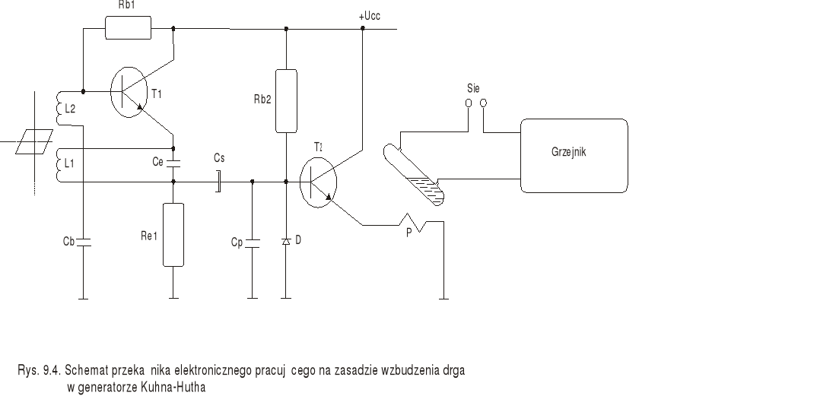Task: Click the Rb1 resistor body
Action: click(128, 28)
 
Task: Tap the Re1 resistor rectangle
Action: click(173, 235)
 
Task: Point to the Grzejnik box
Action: click(574, 155)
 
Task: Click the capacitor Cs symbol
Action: click(218, 182)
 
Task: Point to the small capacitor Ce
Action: click(173, 162)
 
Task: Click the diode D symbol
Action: click(285, 241)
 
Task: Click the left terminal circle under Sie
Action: click(469, 102)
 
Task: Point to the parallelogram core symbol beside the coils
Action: click(34, 141)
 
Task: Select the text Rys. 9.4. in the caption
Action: click(39, 371)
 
